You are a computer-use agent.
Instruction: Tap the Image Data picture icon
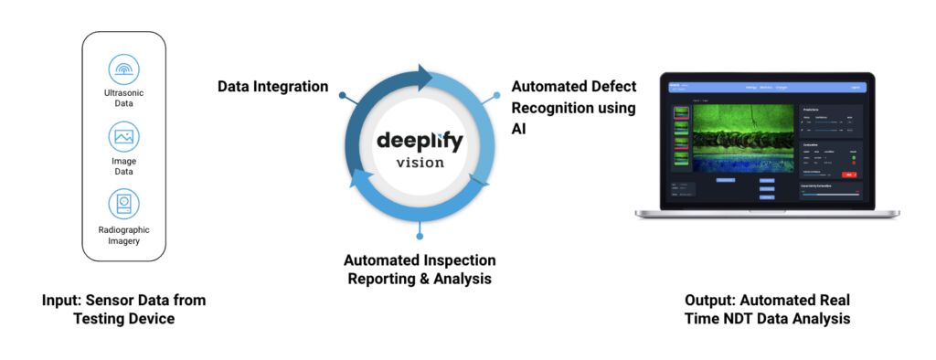coord(123,137)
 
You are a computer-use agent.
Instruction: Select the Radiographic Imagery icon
coord(123,203)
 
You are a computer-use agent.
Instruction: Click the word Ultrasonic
coord(123,93)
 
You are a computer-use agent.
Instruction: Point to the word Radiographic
coord(123,229)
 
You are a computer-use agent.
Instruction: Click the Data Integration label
coord(272,87)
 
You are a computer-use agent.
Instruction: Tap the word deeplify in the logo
coord(420,143)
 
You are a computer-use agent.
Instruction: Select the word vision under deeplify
coord(420,164)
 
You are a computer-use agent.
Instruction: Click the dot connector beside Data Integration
coord(342,94)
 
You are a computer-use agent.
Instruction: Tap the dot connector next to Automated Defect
coord(496,94)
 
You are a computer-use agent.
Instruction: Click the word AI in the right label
coord(520,128)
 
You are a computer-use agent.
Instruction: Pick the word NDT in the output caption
coord(749,319)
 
